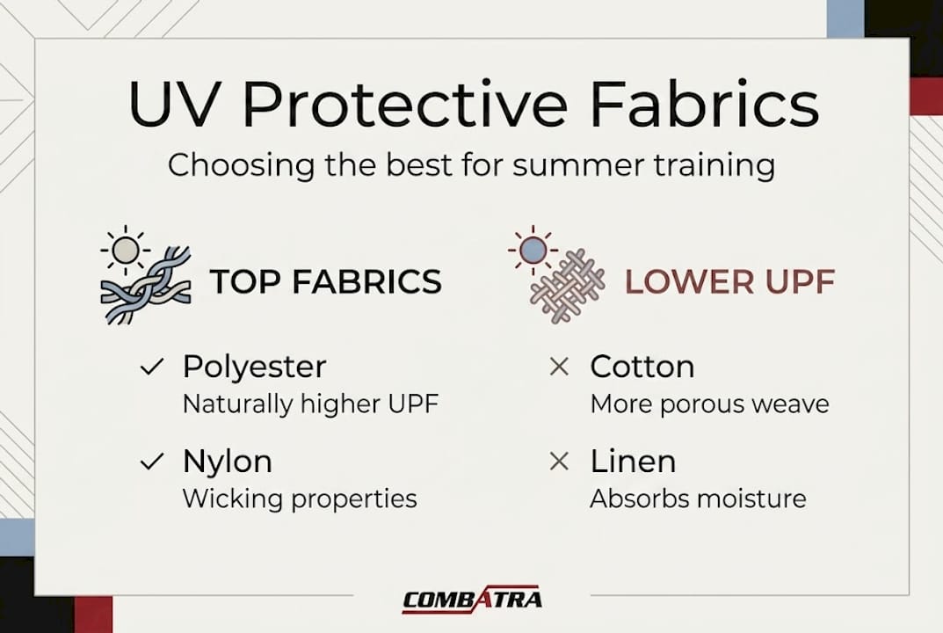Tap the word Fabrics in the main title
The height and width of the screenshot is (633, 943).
704,105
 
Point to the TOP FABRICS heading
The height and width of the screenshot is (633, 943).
325,281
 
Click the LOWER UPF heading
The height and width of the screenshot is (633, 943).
729,281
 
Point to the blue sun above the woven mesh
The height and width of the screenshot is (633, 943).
532,251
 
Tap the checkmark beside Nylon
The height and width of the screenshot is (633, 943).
152,462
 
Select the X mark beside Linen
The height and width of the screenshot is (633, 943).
558,462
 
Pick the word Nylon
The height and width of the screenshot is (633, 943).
227,462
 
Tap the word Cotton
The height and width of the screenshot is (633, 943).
642,367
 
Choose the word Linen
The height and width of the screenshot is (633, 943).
633,462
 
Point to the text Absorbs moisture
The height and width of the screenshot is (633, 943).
698,499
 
